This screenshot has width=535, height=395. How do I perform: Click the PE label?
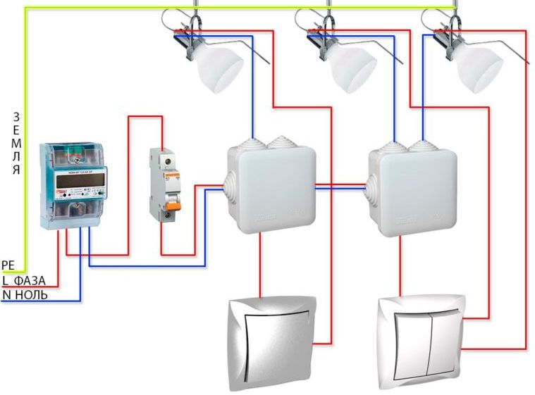pos(8,265)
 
